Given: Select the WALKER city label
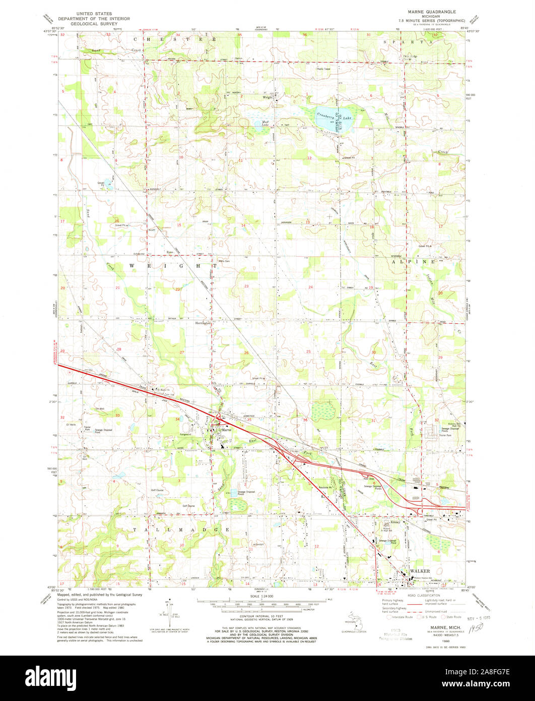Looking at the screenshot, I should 419,571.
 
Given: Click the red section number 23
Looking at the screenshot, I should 246,286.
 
